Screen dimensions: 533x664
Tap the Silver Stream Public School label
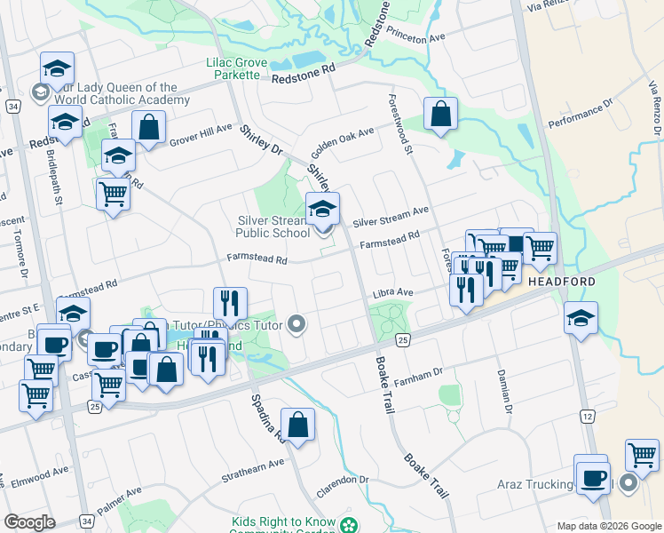(273, 227)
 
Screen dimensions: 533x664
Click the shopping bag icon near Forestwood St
(440, 114)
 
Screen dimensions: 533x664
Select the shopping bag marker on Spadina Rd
(298, 426)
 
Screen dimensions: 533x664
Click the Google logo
(30, 522)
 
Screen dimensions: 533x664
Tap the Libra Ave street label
(393, 291)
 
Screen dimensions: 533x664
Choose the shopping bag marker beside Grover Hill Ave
(149, 128)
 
